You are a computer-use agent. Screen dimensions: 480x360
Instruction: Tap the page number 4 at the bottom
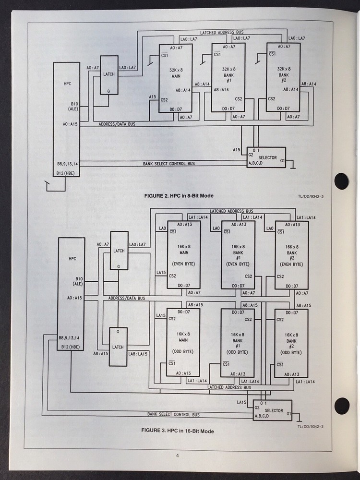(177, 456)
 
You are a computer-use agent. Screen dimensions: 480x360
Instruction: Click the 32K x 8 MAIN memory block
(176, 78)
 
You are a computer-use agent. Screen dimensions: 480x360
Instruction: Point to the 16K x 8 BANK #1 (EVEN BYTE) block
(237, 254)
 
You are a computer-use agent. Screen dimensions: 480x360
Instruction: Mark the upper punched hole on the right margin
(341, 181)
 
